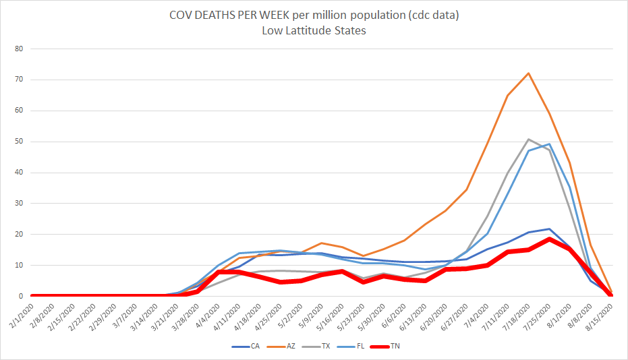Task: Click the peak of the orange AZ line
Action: [528, 73]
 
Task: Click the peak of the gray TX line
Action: [528, 139]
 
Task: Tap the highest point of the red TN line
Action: [550, 239]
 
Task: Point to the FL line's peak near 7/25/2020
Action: [550, 144]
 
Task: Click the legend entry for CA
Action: [250, 347]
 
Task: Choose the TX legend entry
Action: [326, 347]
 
